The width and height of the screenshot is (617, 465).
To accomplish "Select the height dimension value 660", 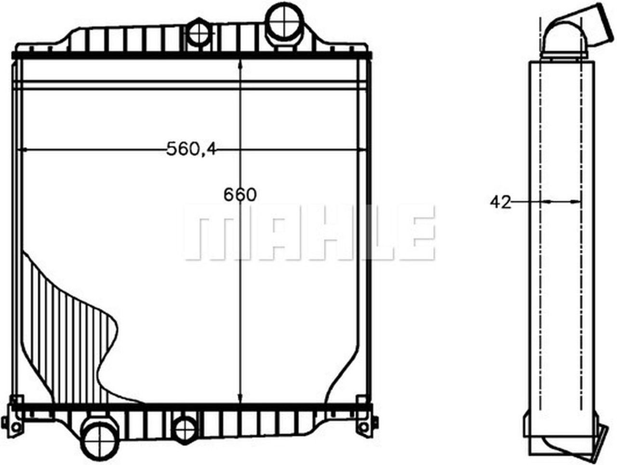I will (240, 194).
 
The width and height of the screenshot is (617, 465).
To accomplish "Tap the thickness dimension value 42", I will (500, 202).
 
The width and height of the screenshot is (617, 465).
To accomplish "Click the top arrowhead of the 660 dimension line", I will (240, 65).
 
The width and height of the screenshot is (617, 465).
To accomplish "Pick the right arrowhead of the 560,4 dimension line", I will (363, 150).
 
